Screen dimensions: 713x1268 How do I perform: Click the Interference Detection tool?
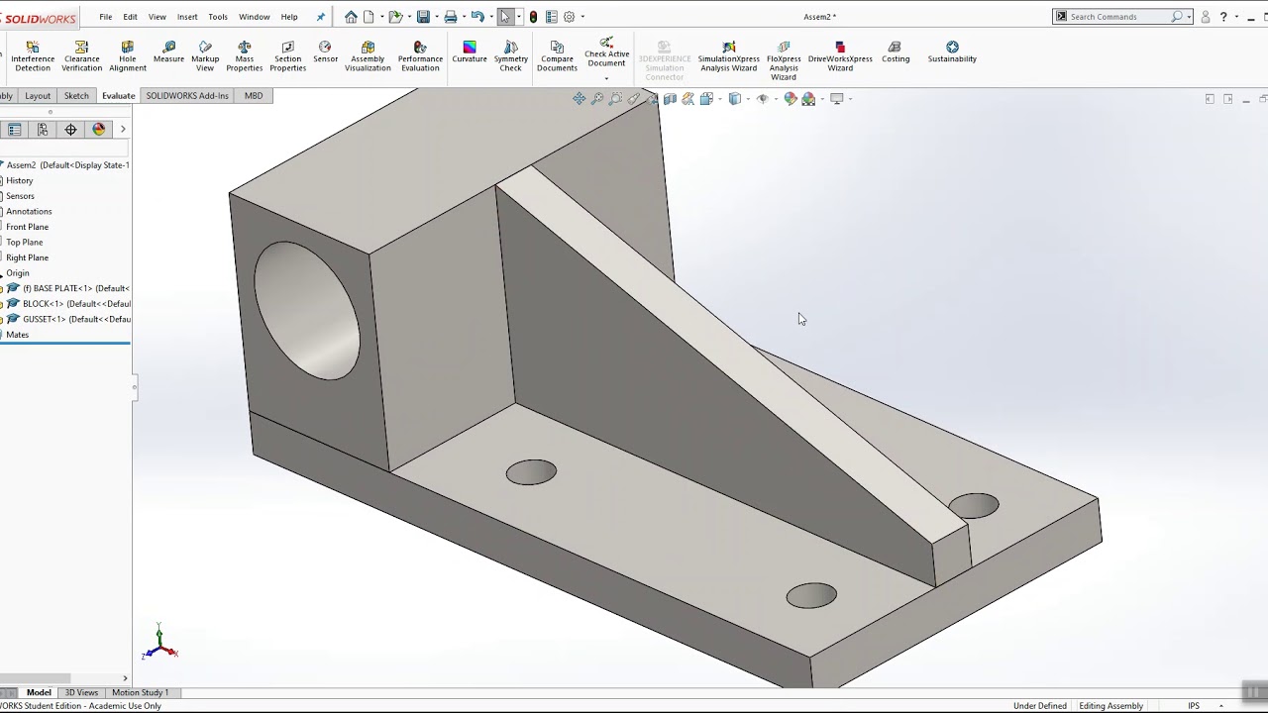(33, 55)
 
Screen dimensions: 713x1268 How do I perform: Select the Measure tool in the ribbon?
(168, 51)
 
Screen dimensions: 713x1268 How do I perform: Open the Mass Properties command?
(244, 55)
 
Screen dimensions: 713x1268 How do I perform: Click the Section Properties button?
(287, 55)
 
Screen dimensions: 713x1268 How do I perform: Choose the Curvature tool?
(470, 51)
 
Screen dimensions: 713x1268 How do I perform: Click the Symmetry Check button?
(510, 55)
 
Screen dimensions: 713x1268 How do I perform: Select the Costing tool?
(896, 51)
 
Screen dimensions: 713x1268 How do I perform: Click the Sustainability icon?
(952, 51)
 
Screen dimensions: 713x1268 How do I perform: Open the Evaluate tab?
(118, 96)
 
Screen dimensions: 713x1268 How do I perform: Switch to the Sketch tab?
(76, 96)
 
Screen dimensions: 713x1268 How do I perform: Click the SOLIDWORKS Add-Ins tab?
(187, 96)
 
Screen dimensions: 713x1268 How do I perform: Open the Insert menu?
(187, 17)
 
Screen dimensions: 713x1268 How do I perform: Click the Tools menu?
(218, 17)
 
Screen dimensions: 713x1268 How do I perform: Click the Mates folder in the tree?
(18, 335)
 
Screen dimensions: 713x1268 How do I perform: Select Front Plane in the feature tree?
(27, 227)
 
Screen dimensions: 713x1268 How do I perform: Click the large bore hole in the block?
(307, 310)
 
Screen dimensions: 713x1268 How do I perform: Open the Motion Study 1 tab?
(140, 692)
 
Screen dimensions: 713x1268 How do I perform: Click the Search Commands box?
(1119, 17)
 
